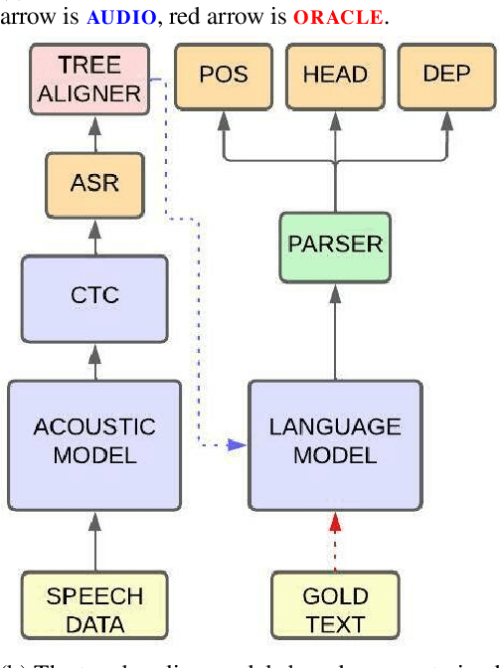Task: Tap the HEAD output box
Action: [335, 75]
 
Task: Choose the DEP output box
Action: [446, 75]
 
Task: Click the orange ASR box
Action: [94, 184]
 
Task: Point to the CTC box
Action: [94, 296]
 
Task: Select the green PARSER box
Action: [335, 244]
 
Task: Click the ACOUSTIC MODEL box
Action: [94, 442]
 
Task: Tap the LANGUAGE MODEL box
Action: [335, 442]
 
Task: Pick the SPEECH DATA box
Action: [94, 609]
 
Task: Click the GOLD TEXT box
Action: [335, 609]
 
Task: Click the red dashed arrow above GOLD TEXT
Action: [335, 542]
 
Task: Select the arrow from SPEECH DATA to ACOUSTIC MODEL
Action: [94, 542]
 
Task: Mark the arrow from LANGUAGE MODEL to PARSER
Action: [335, 328]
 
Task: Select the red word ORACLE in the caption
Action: [338, 18]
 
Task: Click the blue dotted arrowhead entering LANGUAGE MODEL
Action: [240, 444]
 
